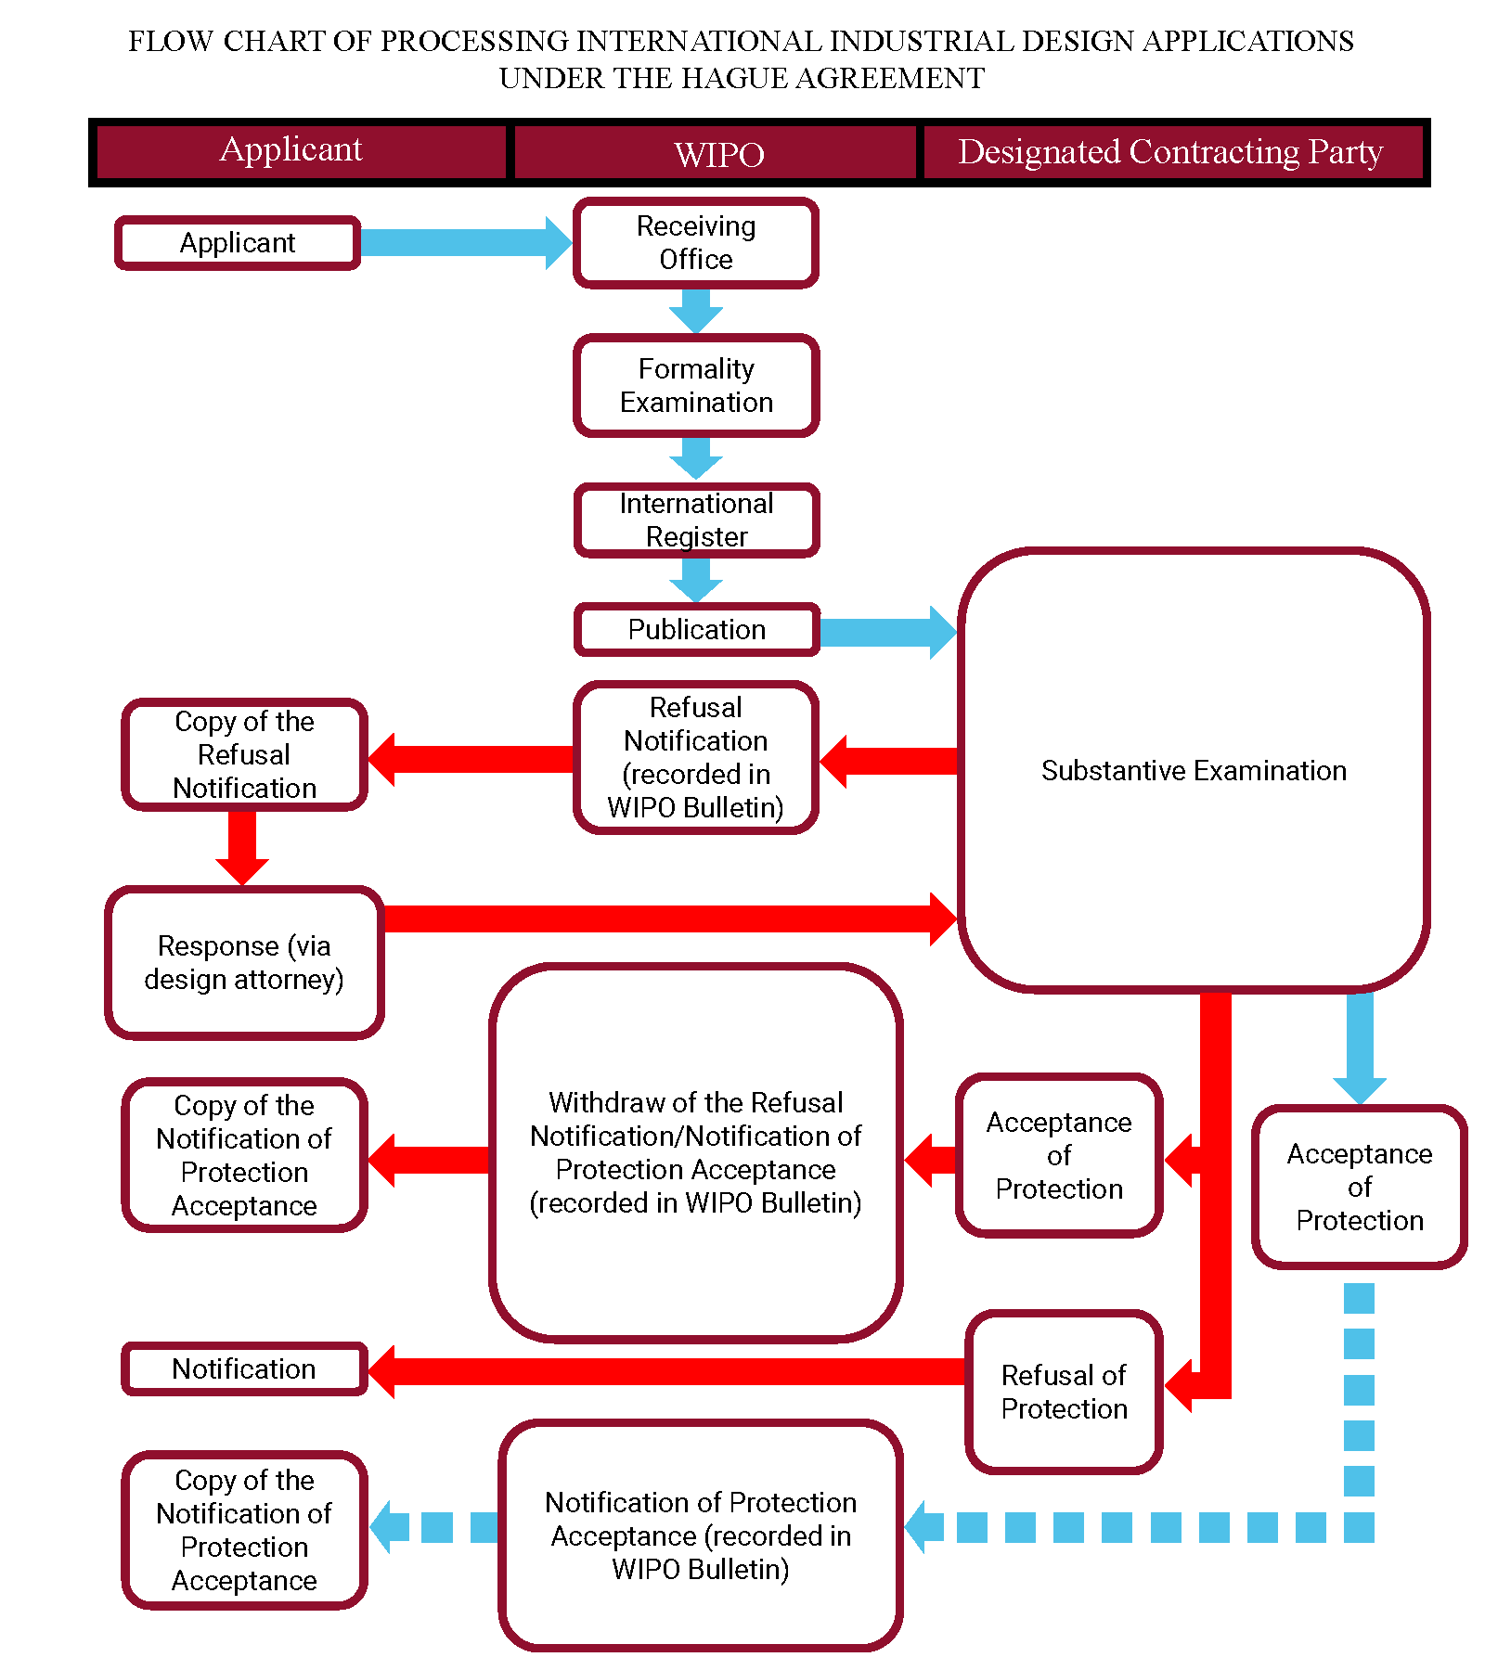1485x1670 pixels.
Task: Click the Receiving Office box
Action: (x=696, y=243)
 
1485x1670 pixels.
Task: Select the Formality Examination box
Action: (x=696, y=386)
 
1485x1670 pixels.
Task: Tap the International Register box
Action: (x=696, y=520)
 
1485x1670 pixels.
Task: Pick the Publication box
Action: (x=696, y=629)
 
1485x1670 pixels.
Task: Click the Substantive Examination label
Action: (x=1194, y=770)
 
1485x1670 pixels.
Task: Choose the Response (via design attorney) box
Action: (x=244, y=962)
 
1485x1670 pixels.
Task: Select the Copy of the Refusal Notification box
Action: (x=244, y=754)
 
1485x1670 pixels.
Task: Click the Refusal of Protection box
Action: (x=1064, y=1392)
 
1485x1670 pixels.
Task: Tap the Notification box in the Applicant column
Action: (x=244, y=1368)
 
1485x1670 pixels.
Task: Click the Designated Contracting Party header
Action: (x=1170, y=152)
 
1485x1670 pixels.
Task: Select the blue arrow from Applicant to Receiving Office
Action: (x=466, y=243)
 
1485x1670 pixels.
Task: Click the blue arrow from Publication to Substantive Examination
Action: (x=888, y=632)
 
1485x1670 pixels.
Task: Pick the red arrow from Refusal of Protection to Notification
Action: (x=666, y=1371)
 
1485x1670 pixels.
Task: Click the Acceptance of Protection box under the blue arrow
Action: (x=1359, y=1187)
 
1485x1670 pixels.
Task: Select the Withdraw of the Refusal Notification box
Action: (x=696, y=1153)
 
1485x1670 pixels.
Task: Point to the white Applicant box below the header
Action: (x=238, y=243)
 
